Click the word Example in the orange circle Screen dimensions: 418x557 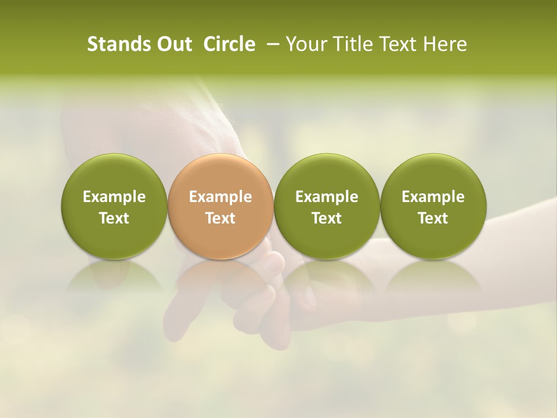(x=220, y=197)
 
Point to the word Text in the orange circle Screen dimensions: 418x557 (x=220, y=218)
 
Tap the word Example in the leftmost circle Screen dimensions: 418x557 (x=114, y=197)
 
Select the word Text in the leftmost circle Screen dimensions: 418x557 (x=114, y=218)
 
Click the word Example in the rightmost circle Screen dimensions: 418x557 (x=433, y=197)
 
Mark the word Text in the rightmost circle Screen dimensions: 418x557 (x=433, y=218)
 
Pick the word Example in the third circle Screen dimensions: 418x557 (x=327, y=197)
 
